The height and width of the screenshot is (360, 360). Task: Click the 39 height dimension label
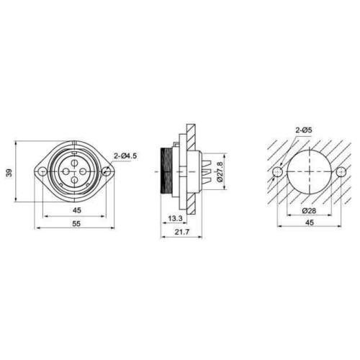(x=9, y=173)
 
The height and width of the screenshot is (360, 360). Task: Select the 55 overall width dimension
(x=76, y=224)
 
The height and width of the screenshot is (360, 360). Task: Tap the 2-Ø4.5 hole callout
(x=125, y=156)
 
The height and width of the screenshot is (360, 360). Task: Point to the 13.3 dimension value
(x=176, y=218)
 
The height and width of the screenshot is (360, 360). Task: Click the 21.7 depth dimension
(x=182, y=232)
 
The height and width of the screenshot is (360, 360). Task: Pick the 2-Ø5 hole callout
(x=304, y=130)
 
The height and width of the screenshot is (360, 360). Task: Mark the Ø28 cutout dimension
(x=310, y=211)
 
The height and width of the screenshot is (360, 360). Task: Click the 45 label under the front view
(x=77, y=210)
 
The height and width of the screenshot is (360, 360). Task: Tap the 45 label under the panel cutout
(x=310, y=222)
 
